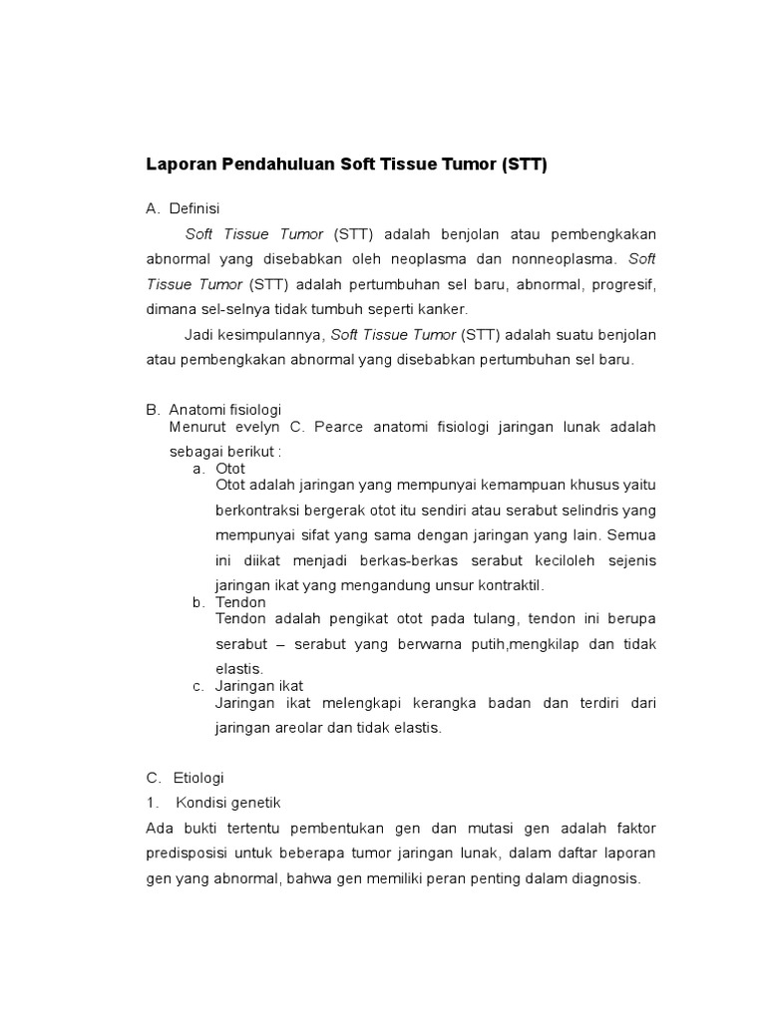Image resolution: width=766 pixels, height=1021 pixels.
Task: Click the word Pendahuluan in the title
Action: tap(270, 166)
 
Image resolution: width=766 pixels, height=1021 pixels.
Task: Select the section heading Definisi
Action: tap(194, 209)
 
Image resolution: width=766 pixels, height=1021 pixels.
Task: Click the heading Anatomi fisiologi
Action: tap(225, 410)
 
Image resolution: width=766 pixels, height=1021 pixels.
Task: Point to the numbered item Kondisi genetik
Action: tap(228, 803)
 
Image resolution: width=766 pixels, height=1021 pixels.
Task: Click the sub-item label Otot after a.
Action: tap(230, 468)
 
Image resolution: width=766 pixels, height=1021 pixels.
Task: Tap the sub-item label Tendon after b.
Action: tap(240, 602)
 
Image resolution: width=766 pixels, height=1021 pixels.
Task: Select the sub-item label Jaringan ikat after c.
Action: tap(259, 686)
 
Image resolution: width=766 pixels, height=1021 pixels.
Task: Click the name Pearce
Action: tap(342, 427)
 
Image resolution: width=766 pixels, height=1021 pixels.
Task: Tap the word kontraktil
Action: tap(508, 585)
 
